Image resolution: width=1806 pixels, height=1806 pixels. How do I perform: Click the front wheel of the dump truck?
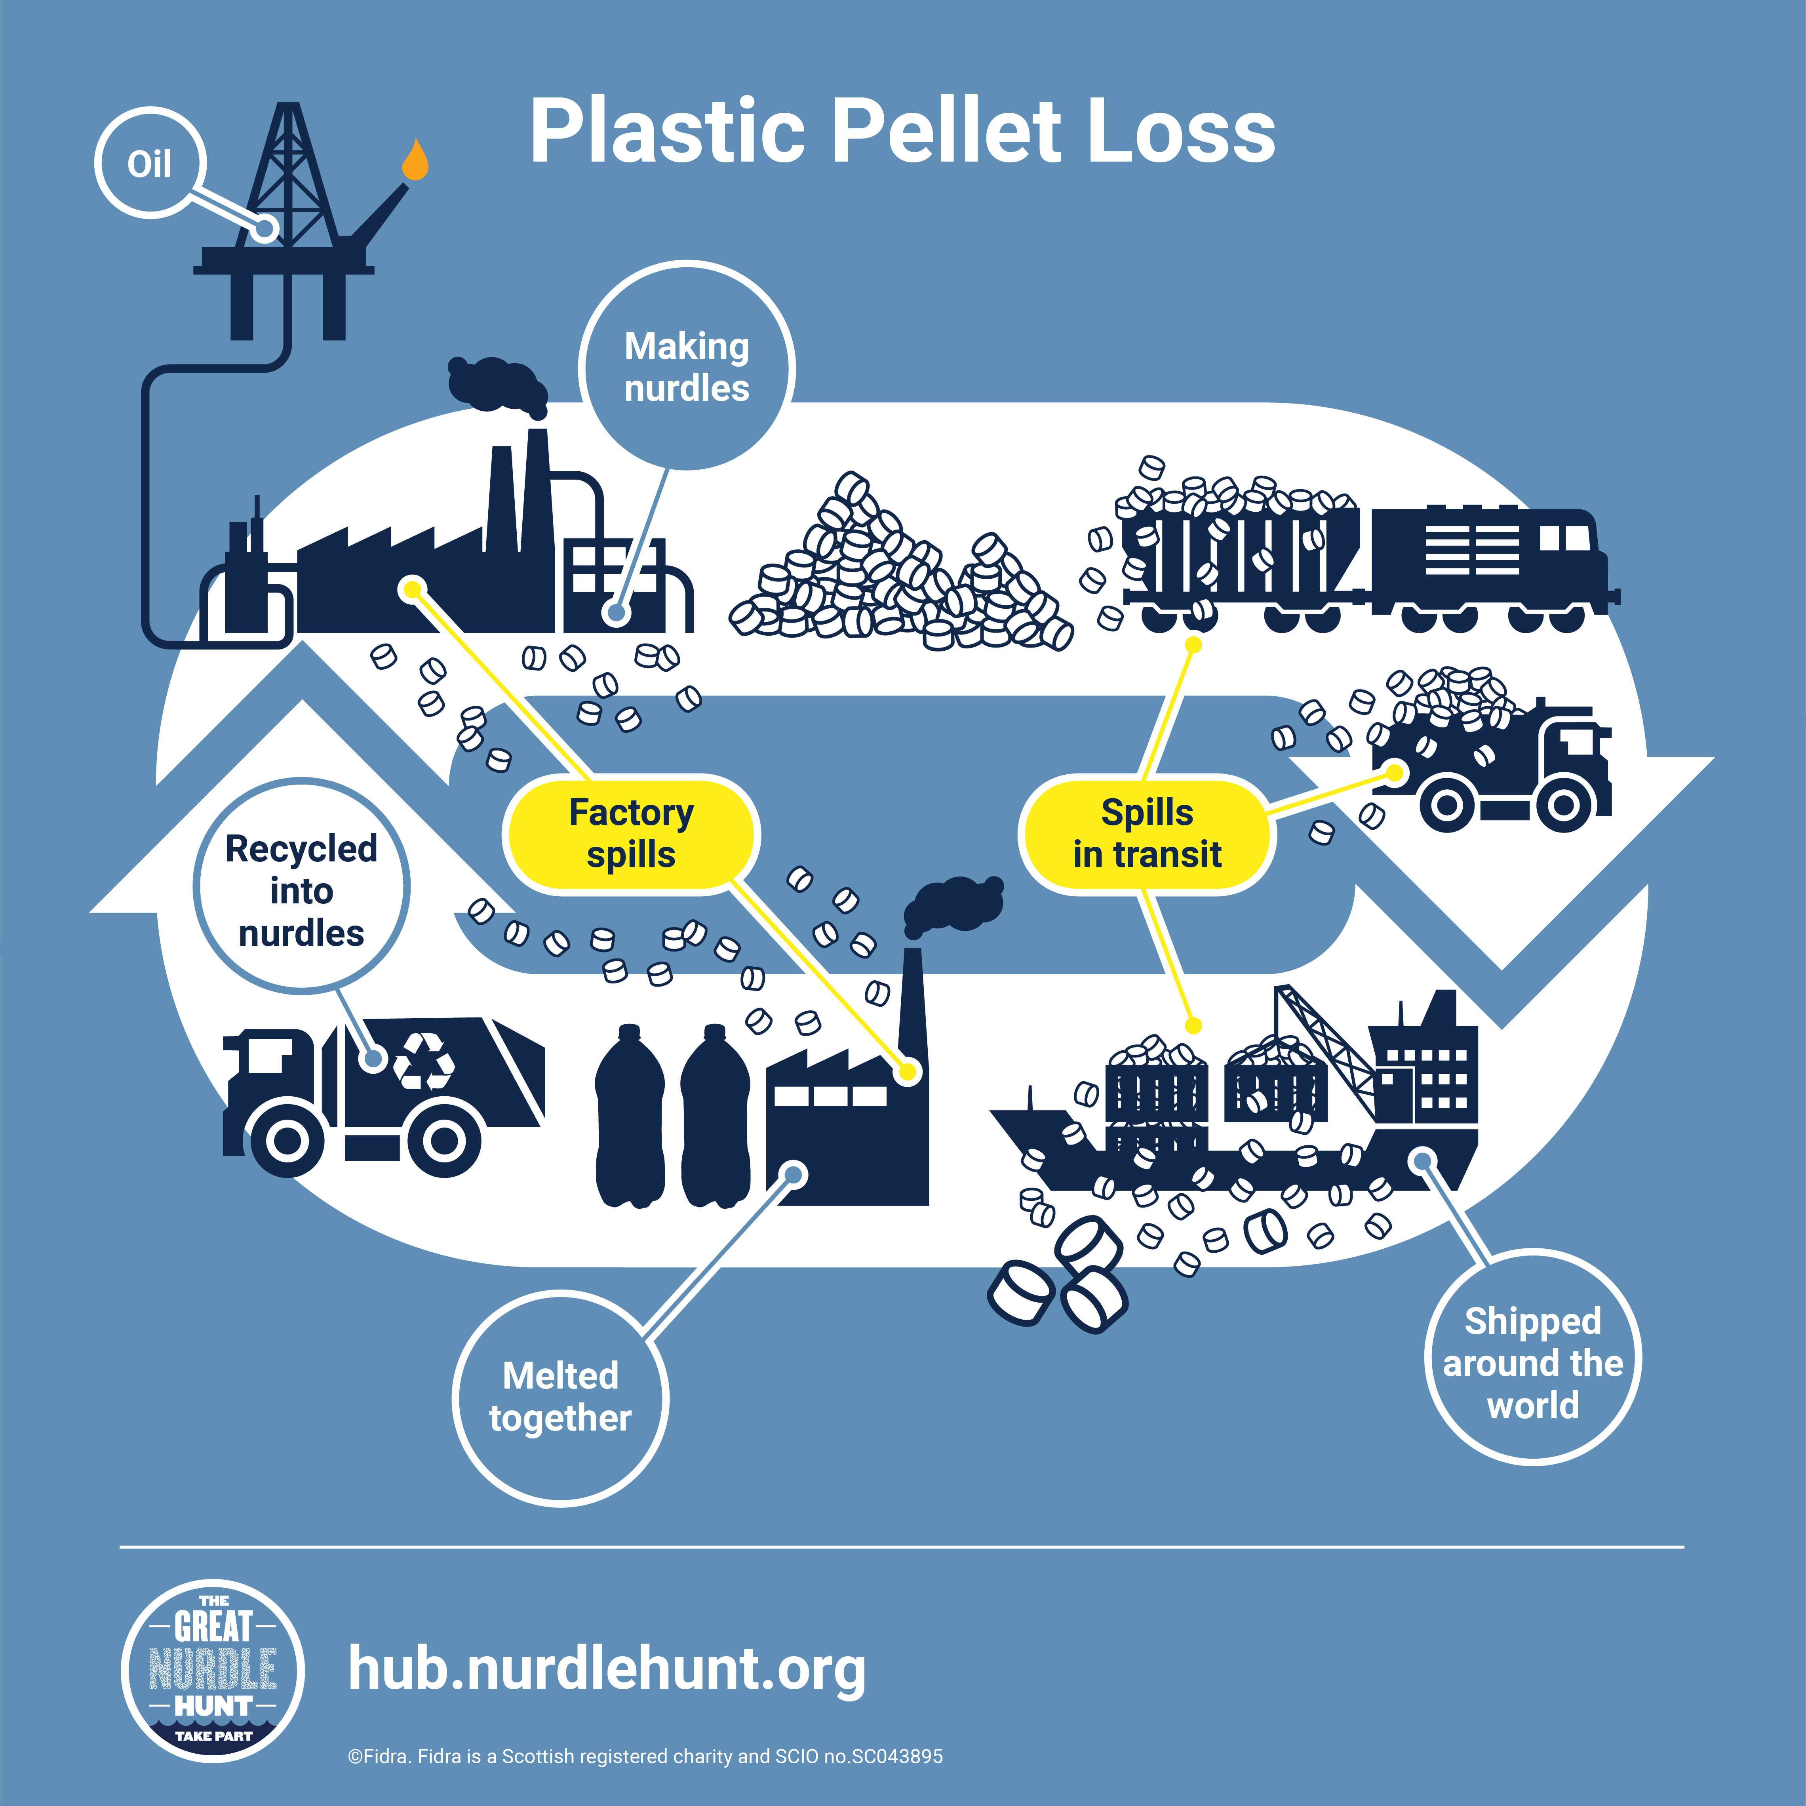point(1563,804)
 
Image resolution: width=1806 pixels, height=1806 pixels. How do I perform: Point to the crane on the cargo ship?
point(1327,1047)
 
